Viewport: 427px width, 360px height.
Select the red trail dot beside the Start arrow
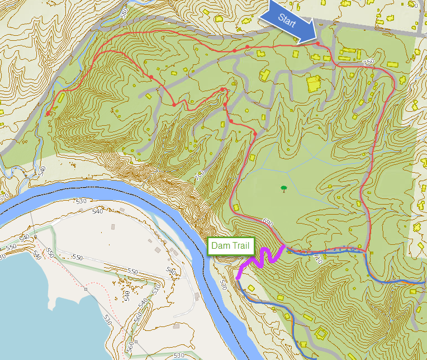click(x=318, y=44)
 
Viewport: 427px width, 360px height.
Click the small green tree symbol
click(x=284, y=189)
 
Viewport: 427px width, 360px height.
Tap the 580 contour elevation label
click(x=124, y=11)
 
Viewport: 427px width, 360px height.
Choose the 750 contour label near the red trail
click(x=367, y=62)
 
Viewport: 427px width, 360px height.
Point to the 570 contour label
click(x=4, y=197)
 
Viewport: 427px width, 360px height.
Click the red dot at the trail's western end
click(x=48, y=114)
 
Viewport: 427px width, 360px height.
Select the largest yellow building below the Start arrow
click(x=314, y=85)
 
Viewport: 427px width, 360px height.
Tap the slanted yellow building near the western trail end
click(x=60, y=100)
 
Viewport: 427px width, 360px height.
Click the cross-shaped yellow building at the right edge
click(x=419, y=228)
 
